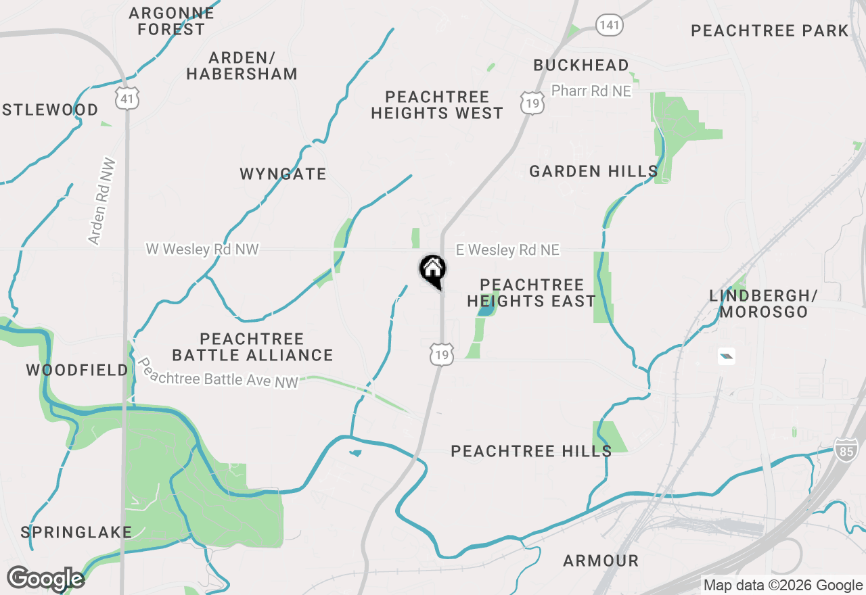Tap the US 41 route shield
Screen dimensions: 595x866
(x=127, y=98)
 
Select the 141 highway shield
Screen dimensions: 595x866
(x=609, y=26)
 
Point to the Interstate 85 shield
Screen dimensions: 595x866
(x=845, y=449)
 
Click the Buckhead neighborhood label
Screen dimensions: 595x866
(x=581, y=65)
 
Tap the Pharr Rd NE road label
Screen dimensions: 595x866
(x=591, y=91)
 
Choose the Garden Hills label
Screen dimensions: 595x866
(x=593, y=171)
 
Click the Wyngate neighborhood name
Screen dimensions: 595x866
(x=283, y=174)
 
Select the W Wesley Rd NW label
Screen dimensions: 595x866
(x=202, y=249)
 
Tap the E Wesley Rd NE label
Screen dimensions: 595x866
(x=507, y=250)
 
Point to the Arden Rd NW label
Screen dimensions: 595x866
(x=102, y=201)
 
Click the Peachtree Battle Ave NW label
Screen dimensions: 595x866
(x=218, y=373)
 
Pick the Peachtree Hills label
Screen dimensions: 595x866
(x=531, y=451)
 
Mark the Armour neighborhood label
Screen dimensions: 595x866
(x=601, y=561)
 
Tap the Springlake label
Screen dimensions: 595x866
(x=76, y=532)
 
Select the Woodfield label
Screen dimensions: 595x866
(x=77, y=370)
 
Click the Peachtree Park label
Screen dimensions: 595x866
(x=770, y=30)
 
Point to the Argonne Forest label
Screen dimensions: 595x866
(x=171, y=21)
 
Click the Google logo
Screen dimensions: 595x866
(x=45, y=579)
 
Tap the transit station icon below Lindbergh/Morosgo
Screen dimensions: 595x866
(x=727, y=356)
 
